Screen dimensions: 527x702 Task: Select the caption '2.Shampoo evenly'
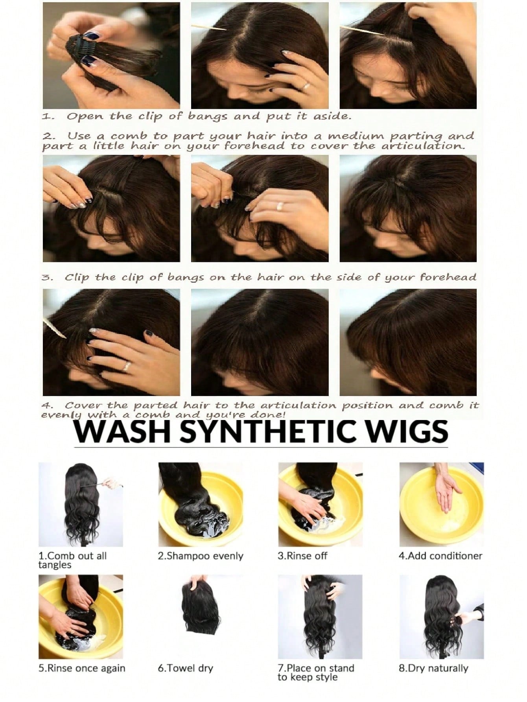(201, 556)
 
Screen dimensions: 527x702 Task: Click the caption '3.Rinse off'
(302, 556)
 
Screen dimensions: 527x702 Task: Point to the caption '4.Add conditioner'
(440, 556)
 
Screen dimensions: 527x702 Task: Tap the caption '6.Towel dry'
(185, 668)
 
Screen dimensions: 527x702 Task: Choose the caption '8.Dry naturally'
(433, 668)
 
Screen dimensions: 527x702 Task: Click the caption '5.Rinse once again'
(82, 668)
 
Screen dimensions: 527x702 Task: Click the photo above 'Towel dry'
(201, 616)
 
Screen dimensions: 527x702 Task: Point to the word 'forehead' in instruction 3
(448, 277)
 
